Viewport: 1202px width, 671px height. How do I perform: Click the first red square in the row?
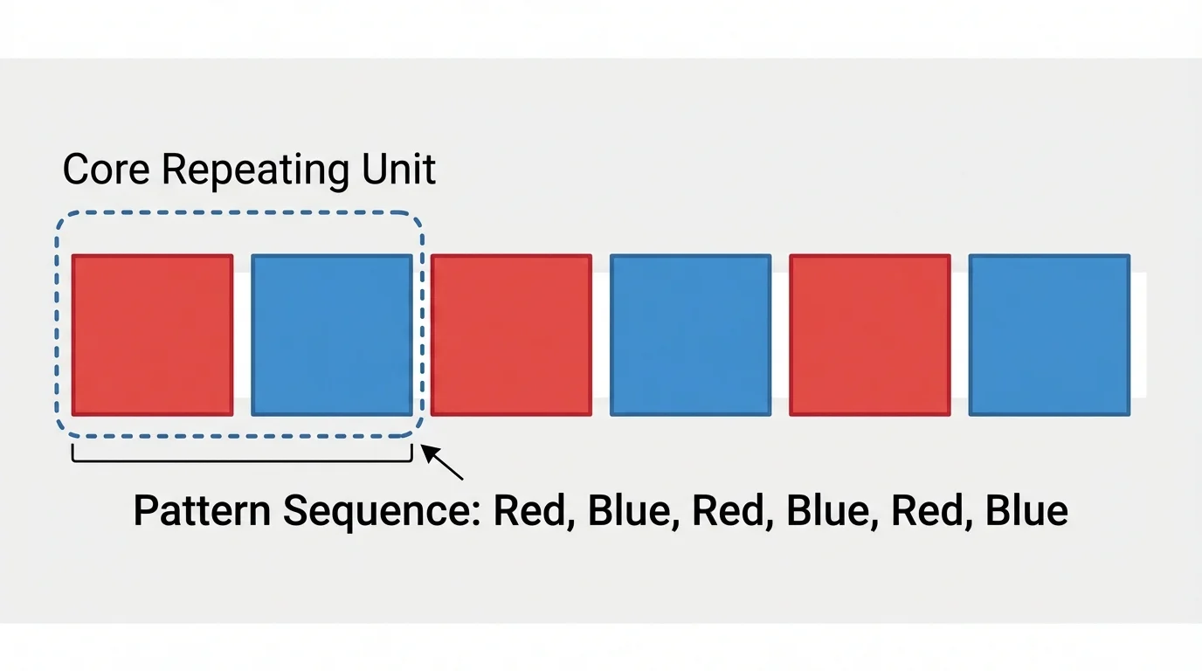[152, 335]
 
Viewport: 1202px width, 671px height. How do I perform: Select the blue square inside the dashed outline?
[332, 335]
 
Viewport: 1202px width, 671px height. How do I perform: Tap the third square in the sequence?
[511, 335]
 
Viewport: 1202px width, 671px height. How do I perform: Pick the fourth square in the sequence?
[690, 335]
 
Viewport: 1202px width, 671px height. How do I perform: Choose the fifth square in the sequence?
[870, 335]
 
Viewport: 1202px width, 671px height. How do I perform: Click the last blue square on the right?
[1049, 335]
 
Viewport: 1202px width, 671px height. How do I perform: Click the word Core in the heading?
[107, 169]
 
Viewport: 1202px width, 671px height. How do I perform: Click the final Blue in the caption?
[1026, 510]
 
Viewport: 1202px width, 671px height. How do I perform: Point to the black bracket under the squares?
[241, 457]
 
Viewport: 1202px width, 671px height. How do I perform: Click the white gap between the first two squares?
[242, 335]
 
